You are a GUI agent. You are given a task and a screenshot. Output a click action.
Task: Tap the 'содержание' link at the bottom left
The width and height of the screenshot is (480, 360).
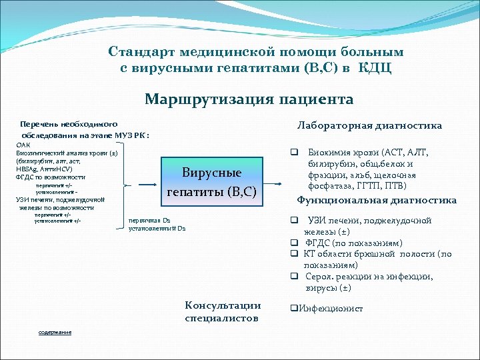(55, 332)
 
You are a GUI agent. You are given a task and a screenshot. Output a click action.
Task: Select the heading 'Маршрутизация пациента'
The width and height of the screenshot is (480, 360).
(249, 99)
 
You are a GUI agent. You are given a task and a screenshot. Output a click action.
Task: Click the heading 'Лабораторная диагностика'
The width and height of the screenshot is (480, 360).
(369, 125)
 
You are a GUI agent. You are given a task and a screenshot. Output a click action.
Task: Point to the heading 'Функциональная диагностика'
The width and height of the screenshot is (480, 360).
(377, 200)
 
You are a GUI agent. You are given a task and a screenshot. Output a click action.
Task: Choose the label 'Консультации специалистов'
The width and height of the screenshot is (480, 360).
(223, 311)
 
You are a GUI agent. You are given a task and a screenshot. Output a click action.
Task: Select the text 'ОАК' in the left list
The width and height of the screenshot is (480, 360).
(23, 145)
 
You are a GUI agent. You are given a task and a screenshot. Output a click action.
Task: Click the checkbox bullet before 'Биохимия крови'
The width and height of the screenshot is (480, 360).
(293, 152)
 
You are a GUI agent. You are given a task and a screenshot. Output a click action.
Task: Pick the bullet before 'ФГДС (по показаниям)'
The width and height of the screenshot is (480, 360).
(293, 243)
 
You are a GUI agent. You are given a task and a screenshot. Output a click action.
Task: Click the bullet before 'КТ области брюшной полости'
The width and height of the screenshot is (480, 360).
(293, 254)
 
